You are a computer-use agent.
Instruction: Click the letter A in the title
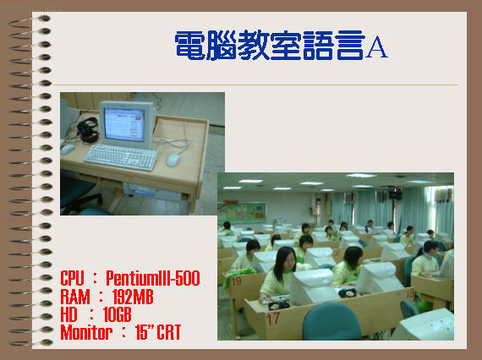[x=377, y=47]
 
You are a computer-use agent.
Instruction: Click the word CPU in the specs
[x=72, y=278]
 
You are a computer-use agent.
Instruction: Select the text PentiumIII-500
[x=153, y=278]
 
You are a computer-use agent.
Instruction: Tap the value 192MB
[x=133, y=297]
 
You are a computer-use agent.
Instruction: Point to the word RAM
[x=75, y=297]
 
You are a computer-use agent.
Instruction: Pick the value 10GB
[x=118, y=314]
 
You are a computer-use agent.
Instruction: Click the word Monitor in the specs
[x=86, y=332]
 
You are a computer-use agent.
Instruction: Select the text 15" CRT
[x=158, y=332]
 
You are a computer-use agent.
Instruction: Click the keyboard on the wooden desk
[x=120, y=157]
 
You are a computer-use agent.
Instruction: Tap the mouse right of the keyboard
[x=173, y=160]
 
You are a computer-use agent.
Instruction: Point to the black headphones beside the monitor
[x=88, y=130]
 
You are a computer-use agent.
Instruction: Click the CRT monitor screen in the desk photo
[x=124, y=124]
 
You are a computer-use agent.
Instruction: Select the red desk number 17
[x=273, y=319]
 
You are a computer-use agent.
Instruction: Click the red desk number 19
[x=236, y=281]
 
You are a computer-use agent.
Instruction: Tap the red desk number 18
[x=410, y=293]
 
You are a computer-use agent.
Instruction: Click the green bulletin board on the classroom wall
[x=242, y=212]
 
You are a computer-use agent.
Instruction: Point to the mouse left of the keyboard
[x=68, y=150]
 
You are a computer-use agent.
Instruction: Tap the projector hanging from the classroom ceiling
[x=395, y=194]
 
